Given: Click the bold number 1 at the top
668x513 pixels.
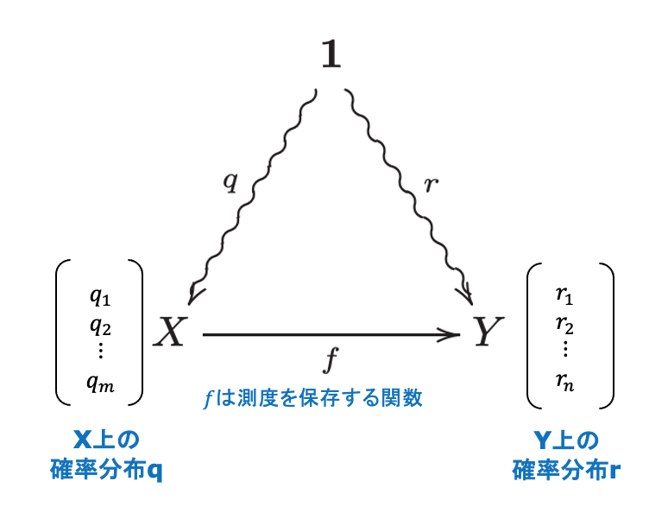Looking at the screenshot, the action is [331, 55].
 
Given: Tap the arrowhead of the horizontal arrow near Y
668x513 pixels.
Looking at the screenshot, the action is [454, 333].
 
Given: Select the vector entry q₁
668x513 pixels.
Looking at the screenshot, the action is [100, 297].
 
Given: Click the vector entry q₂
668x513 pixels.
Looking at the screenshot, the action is [100, 325].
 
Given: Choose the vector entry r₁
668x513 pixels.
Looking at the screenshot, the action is [565, 297].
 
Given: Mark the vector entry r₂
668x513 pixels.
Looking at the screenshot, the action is [565, 325].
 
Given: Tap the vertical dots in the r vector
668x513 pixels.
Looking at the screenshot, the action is [565, 351].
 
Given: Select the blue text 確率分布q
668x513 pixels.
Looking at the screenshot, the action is [106, 471].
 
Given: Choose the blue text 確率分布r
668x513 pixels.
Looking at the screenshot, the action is [565, 471].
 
